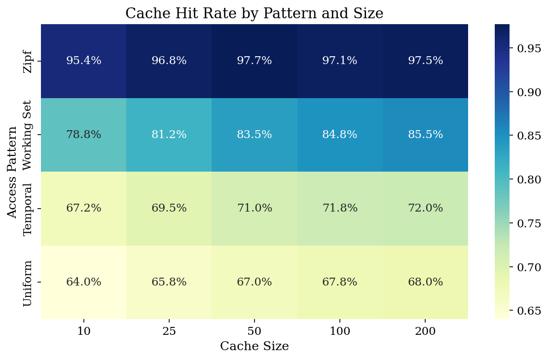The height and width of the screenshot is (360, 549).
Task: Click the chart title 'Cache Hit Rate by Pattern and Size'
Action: pyautogui.click(x=254, y=13)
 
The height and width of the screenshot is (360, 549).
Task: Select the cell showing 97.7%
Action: pyautogui.click(x=254, y=61)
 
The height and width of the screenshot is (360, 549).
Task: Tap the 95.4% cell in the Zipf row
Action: pyautogui.click(x=83, y=61)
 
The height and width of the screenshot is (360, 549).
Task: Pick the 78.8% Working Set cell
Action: pyautogui.click(x=83, y=135)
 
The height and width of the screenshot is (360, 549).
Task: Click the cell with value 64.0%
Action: pyautogui.click(x=83, y=282)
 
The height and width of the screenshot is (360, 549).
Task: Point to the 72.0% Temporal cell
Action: pyautogui.click(x=425, y=208)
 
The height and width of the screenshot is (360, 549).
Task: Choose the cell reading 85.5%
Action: pyautogui.click(x=425, y=135)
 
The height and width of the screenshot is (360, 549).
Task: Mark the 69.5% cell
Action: pyautogui.click(x=169, y=208)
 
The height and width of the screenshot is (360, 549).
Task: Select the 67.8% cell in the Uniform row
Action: pyautogui.click(x=340, y=282)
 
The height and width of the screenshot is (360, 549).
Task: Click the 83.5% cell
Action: pyautogui.click(x=254, y=135)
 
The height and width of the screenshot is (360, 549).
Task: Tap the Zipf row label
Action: pyautogui.click(x=28, y=61)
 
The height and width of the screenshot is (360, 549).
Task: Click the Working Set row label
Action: pyautogui.click(x=28, y=135)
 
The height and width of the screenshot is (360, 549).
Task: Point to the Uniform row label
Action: pyautogui.click(x=28, y=283)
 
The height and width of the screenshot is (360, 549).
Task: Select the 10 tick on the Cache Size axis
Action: pyautogui.click(x=83, y=331)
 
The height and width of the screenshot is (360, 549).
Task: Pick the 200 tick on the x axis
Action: pyautogui.click(x=425, y=331)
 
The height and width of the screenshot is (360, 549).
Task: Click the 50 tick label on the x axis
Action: pyautogui.click(x=254, y=331)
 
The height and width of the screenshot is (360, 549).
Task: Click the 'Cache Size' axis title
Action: pyautogui.click(x=254, y=347)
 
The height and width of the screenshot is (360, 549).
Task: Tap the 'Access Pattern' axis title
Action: pyautogui.click(x=12, y=172)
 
